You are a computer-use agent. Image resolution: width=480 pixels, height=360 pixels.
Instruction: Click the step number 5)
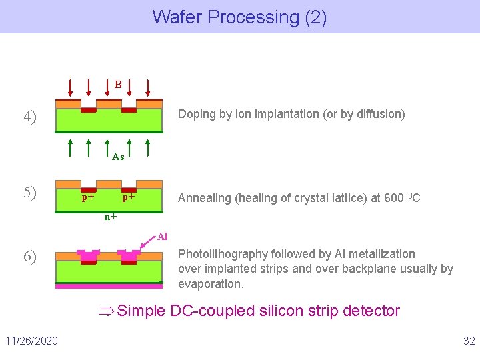coord(30,193)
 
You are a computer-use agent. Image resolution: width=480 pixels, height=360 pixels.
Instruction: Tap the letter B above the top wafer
coord(118,85)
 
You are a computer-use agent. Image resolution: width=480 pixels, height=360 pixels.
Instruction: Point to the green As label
coord(118,157)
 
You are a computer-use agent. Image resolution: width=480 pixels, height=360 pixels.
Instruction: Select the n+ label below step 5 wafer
coord(111,217)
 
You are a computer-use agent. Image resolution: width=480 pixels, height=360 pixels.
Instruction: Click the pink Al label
coord(163,237)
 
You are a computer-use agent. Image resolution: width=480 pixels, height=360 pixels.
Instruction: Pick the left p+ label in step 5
coord(88,197)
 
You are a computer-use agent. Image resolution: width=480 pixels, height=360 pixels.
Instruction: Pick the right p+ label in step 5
coord(129,197)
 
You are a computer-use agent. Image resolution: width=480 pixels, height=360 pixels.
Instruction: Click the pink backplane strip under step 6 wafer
coord(109,286)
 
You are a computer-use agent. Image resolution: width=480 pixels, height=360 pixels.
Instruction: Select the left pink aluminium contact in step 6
coord(89,255)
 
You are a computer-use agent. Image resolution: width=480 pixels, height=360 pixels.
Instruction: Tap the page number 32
coord(469,341)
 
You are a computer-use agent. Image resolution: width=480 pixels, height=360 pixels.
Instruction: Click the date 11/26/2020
coord(31,341)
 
